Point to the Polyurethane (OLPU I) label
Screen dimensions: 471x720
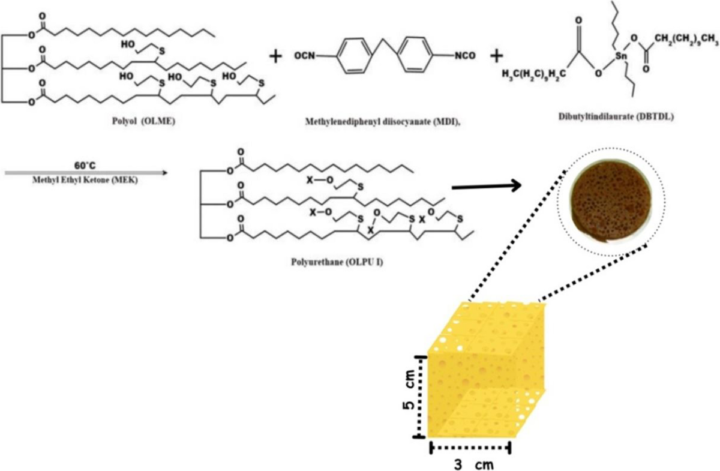pyautogui.click(x=328, y=263)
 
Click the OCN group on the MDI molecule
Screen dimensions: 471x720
pyautogui.click(x=304, y=56)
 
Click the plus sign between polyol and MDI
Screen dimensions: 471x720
pyautogui.click(x=275, y=57)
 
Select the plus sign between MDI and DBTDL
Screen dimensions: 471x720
pyautogui.click(x=497, y=56)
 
